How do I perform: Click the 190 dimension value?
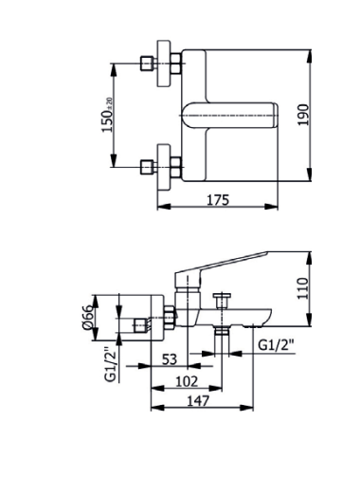click(303, 115)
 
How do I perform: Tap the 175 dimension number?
click(218, 200)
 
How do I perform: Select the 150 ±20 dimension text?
click(107, 115)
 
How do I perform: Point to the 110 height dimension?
click(302, 288)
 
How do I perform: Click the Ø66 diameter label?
click(88, 318)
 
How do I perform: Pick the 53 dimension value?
click(170, 359)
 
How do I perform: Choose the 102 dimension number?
click(187, 381)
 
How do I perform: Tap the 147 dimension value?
click(198, 401)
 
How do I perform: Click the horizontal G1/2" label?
click(277, 345)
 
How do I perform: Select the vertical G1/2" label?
click(110, 364)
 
